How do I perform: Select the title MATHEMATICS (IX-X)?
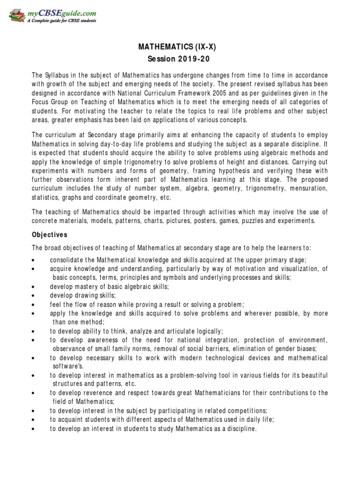[x=180, y=48]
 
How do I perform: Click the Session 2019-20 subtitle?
[x=180, y=60]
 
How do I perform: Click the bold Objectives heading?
[x=50, y=234]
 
